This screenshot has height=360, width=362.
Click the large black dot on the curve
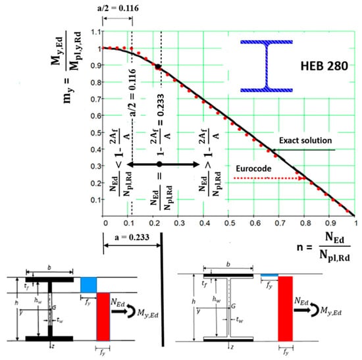click(x=158, y=67)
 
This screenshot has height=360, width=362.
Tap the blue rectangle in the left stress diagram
click(x=88, y=285)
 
